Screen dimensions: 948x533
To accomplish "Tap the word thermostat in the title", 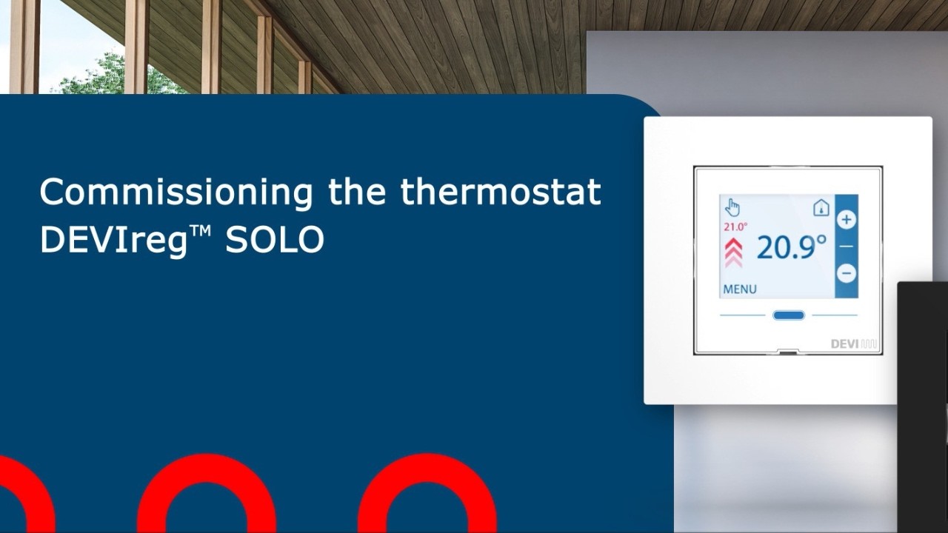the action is pyautogui.click(x=501, y=191).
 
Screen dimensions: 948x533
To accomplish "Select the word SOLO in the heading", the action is pyautogui.click(x=275, y=239).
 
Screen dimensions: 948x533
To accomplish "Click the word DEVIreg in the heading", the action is pyautogui.click(x=113, y=241).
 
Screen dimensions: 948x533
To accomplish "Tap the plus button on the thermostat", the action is pyautogui.click(x=847, y=220).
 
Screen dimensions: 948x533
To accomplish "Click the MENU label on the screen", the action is pyautogui.click(x=740, y=289).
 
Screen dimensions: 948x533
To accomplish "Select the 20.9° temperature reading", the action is pyautogui.click(x=792, y=247).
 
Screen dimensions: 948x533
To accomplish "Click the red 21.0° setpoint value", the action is pyautogui.click(x=735, y=227).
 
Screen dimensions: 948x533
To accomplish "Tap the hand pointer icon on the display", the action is pyautogui.click(x=732, y=207).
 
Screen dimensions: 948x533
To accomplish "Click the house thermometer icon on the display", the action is pyautogui.click(x=821, y=208).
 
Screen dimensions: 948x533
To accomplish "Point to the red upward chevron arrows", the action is pyautogui.click(x=733, y=252).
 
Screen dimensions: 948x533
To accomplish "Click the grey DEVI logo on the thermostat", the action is pyautogui.click(x=854, y=344).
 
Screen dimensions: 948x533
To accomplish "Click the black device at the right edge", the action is pyautogui.click(x=923, y=407).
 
